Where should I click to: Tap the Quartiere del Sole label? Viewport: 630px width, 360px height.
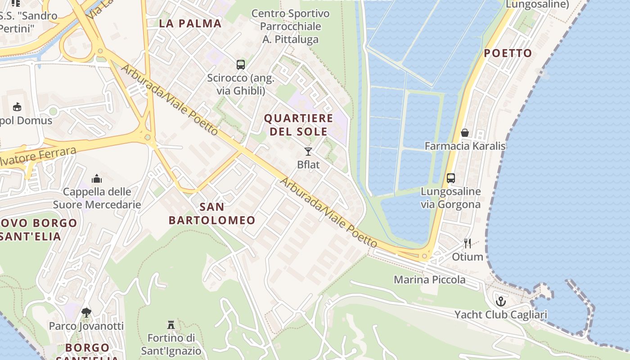(299, 125)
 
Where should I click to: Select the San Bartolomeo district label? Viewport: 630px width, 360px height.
(212, 213)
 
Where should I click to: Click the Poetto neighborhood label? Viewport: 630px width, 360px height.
(508, 53)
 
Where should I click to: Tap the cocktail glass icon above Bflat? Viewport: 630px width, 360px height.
(308, 152)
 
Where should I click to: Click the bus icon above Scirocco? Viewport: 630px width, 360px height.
(241, 65)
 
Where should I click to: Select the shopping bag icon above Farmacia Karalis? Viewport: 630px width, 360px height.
(465, 133)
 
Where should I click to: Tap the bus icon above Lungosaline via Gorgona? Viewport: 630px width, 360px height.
(451, 178)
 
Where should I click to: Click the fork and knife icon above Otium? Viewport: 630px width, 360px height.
(468, 243)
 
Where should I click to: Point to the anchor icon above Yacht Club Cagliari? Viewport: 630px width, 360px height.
(500, 301)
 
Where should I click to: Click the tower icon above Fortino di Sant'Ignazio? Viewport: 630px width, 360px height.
(171, 324)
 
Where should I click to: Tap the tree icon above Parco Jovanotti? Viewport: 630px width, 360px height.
(86, 312)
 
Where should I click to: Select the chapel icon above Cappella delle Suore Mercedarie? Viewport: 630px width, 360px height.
(97, 179)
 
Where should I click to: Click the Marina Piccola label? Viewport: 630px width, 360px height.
(430, 279)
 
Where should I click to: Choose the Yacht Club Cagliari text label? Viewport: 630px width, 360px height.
(500, 315)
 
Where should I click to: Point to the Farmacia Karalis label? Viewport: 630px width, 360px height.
(465, 146)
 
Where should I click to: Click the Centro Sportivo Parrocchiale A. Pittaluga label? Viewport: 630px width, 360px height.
(290, 26)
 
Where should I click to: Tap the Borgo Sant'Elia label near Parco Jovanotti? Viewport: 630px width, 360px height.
(87, 353)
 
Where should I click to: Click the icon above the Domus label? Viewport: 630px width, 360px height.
(17, 107)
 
